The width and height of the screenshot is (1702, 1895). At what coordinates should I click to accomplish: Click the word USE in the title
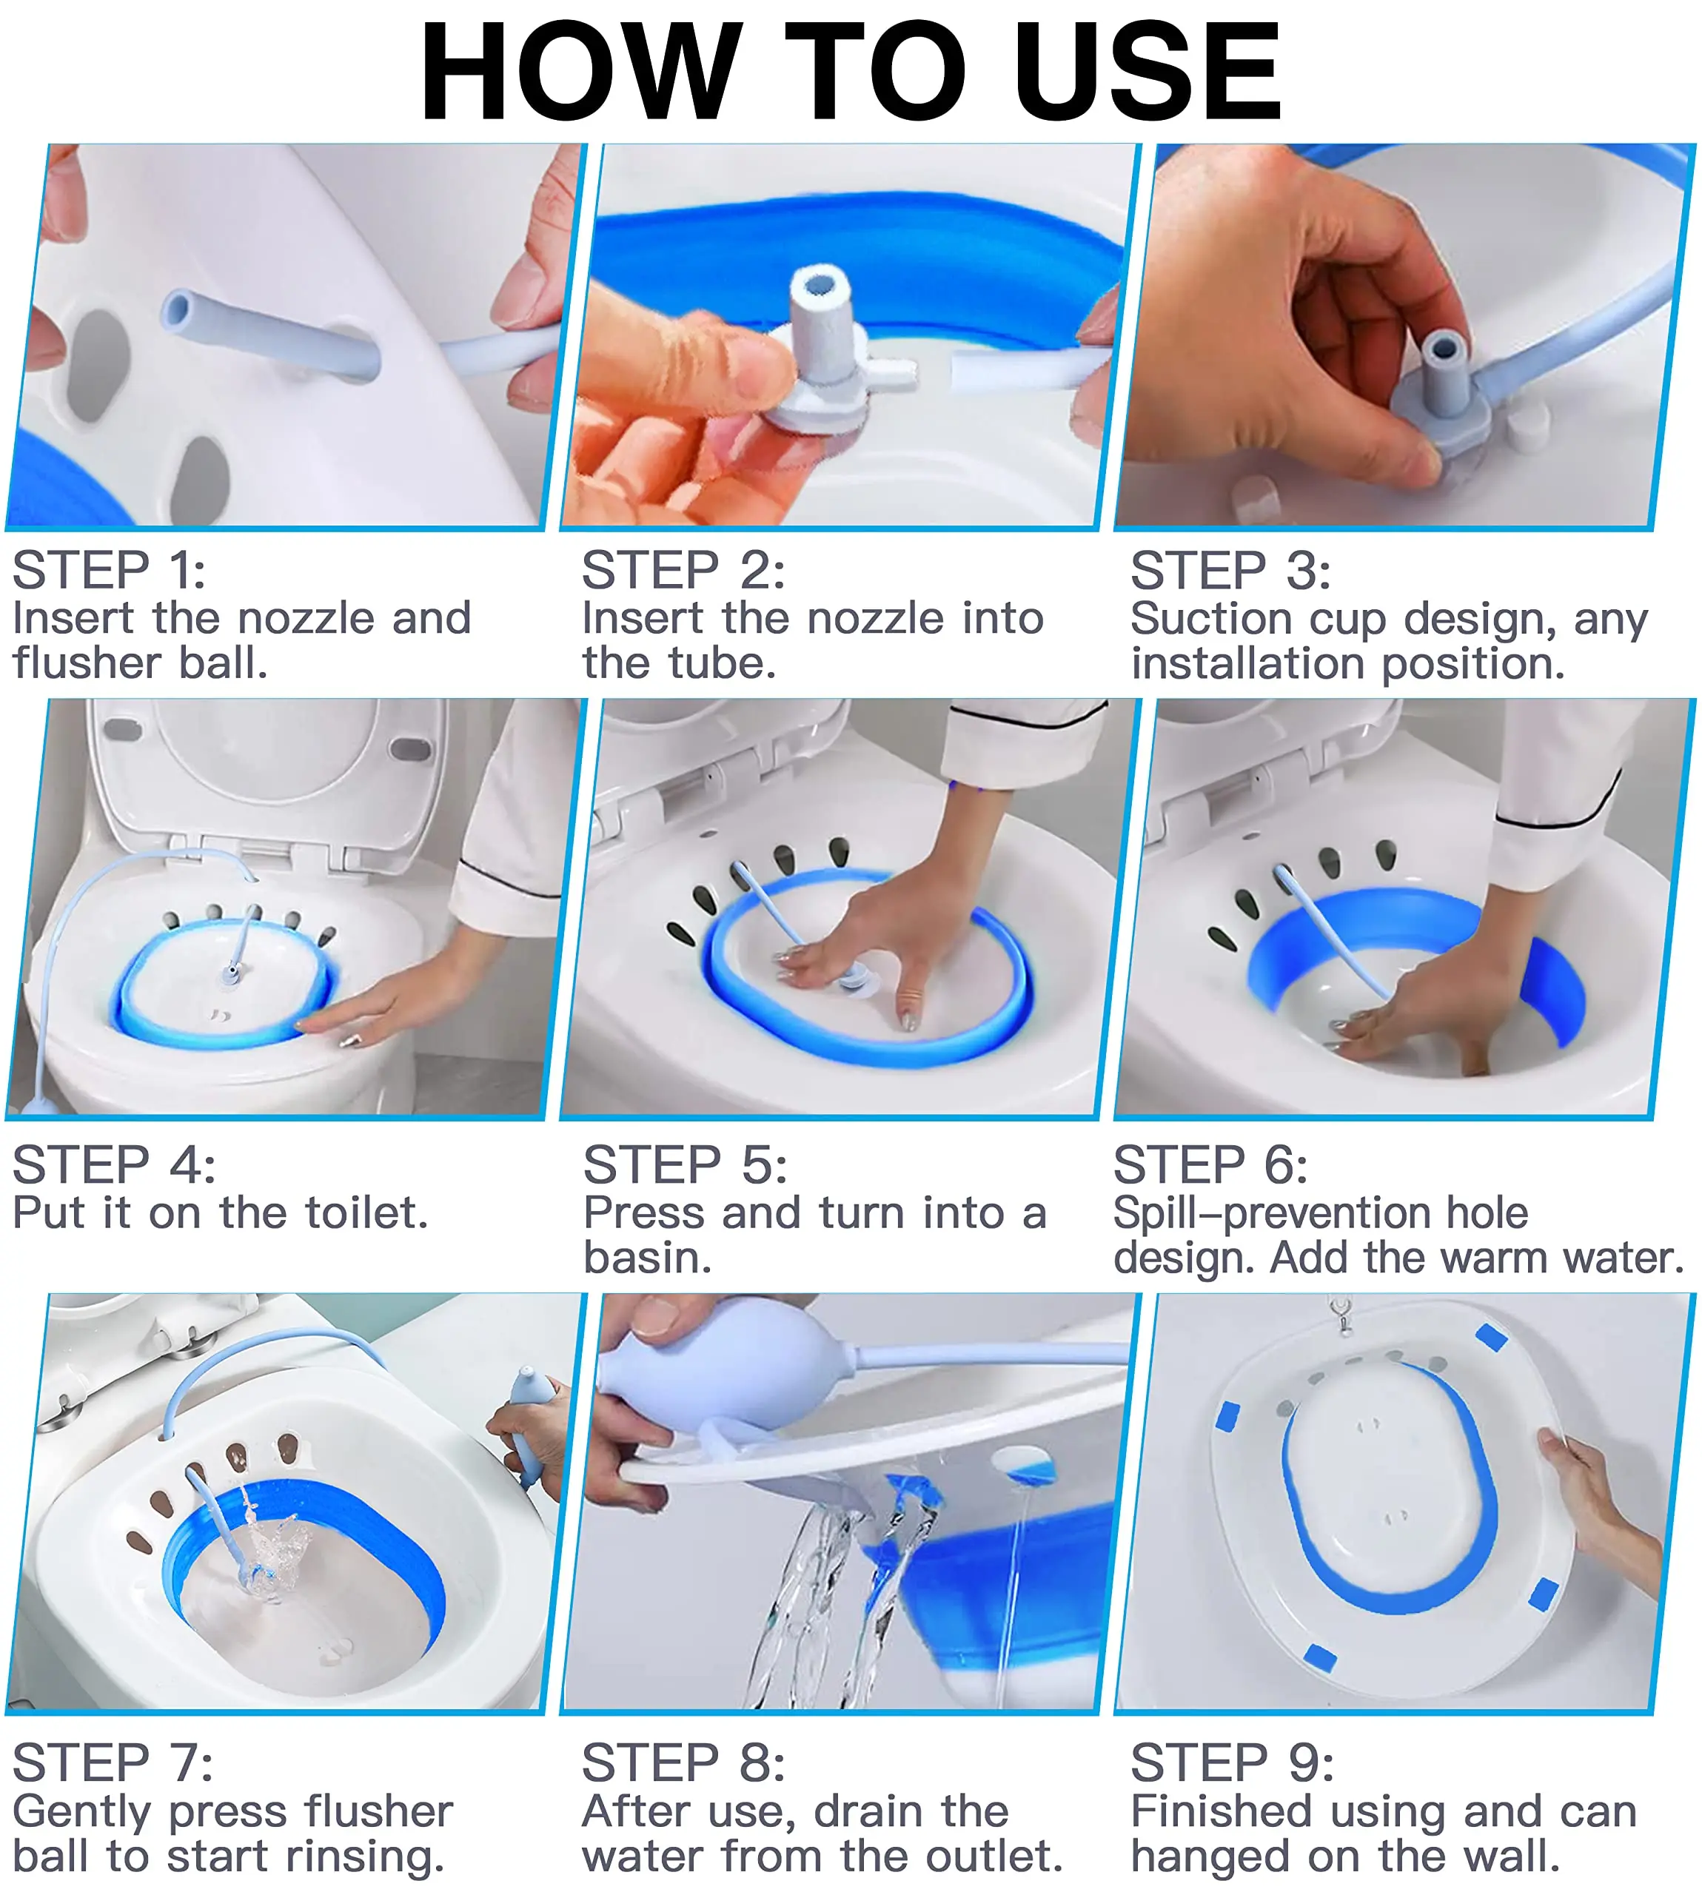coord(1147,72)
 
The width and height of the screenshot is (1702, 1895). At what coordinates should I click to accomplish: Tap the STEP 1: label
coord(109,570)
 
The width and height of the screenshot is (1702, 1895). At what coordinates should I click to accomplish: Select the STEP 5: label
coord(685,1165)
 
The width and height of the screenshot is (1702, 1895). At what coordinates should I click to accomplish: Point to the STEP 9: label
coord(1233,1763)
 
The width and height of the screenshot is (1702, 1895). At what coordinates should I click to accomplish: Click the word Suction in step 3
coord(1213,619)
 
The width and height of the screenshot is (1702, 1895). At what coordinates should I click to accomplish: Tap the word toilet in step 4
coord(366,1213)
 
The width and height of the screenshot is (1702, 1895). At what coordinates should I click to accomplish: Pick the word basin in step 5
coord(647,1258)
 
